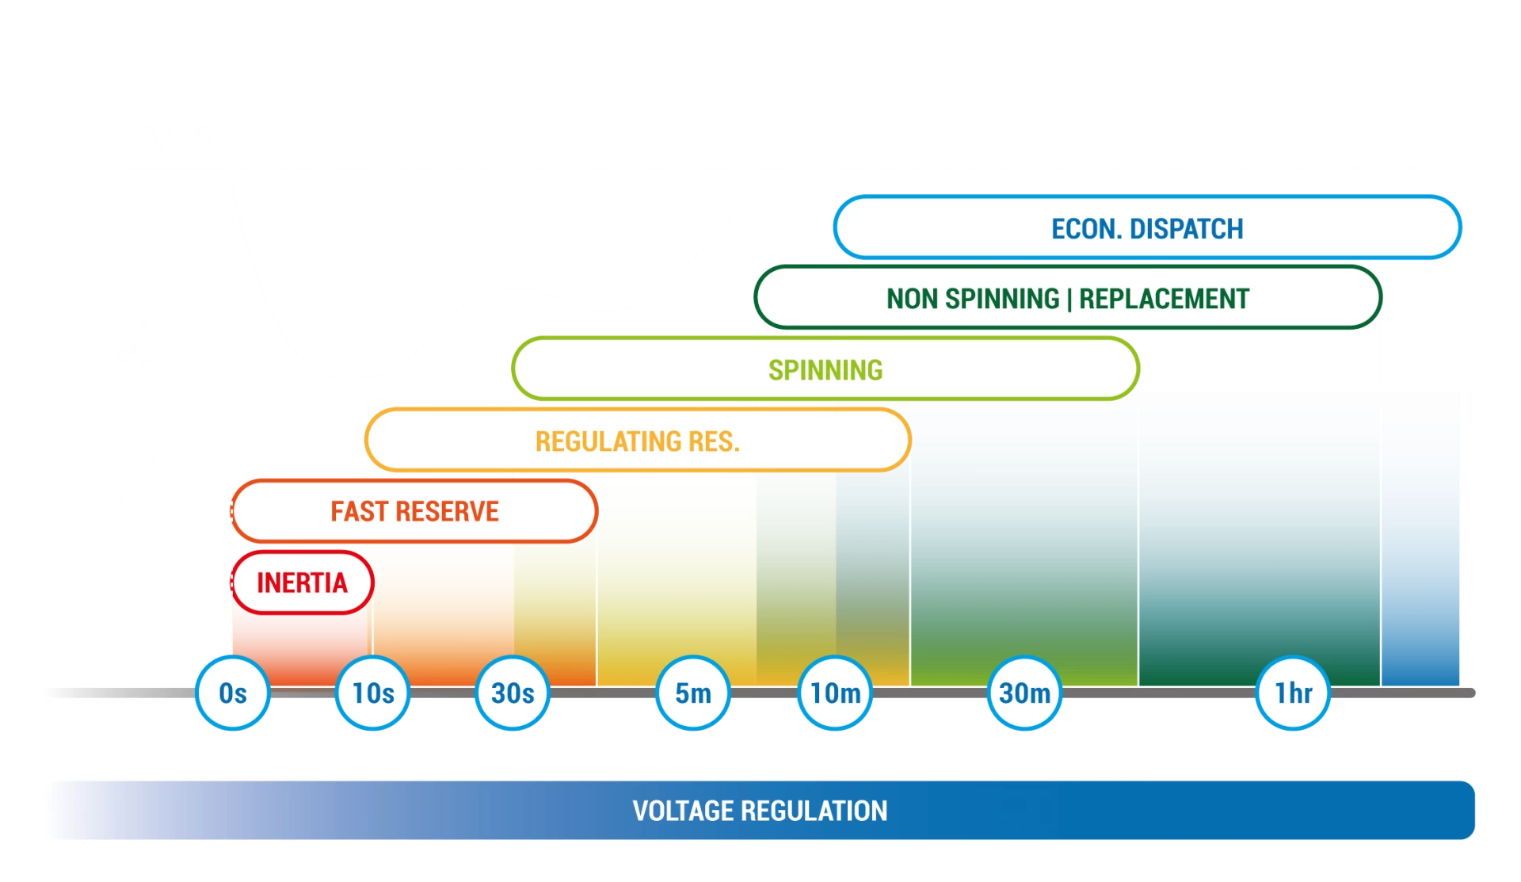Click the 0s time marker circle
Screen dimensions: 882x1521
tap(233, 693)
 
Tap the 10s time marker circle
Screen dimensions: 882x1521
tap(372, 693)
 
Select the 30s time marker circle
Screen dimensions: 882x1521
tap(513, 693)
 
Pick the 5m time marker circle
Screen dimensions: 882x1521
tap(692, 693)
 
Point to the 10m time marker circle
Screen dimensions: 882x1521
tap(835, 693)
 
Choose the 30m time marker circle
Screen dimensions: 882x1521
tap(1024, 693)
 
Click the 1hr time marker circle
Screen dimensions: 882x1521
tap(1293, 693)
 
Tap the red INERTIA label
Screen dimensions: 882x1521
tap(302, 582)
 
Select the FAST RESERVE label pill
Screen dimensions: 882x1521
tap(414, 511)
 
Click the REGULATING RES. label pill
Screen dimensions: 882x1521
tap(637, 441)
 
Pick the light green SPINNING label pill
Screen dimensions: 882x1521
tap(825, 369)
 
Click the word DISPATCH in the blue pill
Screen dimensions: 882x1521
tap(1186, 229)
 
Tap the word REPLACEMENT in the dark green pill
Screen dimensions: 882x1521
tap(1164, 299)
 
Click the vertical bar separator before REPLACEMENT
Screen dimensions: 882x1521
tap(1069, 299)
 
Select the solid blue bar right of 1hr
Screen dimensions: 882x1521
tap(1420, 539)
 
